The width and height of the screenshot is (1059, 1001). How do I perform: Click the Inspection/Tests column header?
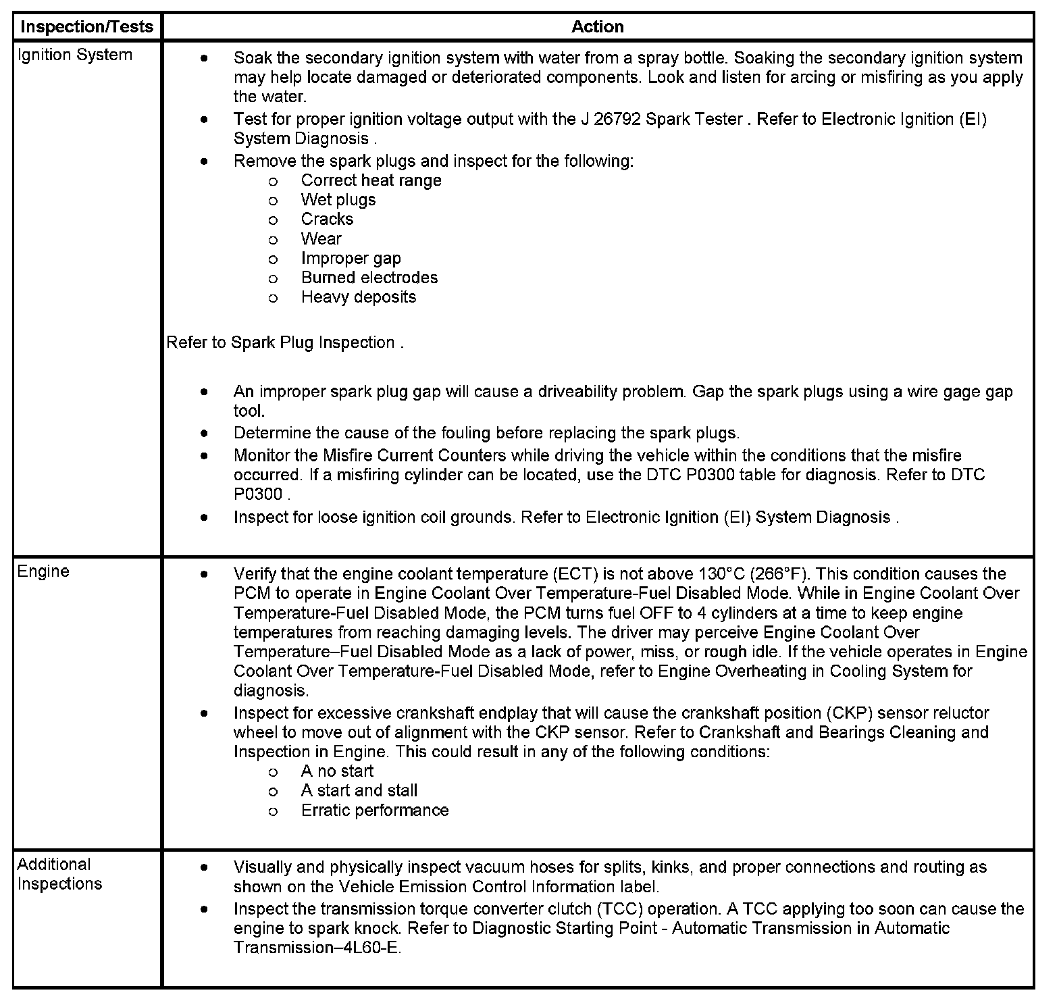click(x=87, y=27)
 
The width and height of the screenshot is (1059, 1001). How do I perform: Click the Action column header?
click(x=597, y=27)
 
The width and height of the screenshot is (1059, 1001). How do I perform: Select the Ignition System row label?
click(x=74, y=55)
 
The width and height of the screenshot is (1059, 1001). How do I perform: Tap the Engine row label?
click(x=43, y=571)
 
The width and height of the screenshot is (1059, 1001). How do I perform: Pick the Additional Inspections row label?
click(x=59, y=874)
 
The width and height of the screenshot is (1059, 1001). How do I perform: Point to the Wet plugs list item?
click(x=338, y=200)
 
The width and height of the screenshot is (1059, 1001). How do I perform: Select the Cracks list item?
click(x=327, y=220)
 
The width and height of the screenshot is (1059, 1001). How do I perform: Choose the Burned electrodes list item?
click(x=369, y=278)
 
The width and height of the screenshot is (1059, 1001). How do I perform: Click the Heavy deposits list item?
click(x=358, y=297)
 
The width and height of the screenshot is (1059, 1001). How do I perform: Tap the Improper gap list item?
click(x=351, y=259)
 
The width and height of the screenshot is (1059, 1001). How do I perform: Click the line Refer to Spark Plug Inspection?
click(x=284, y=343)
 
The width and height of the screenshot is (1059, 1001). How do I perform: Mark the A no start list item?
click(x=337, y=771)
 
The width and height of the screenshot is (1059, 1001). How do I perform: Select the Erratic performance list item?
click(x=374, y=811)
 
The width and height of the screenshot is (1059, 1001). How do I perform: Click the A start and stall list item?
click(x=359, y=791)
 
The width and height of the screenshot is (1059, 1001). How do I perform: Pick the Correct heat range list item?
click(x=371, y=181)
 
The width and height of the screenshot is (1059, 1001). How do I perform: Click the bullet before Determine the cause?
click(x=204, y=433)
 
